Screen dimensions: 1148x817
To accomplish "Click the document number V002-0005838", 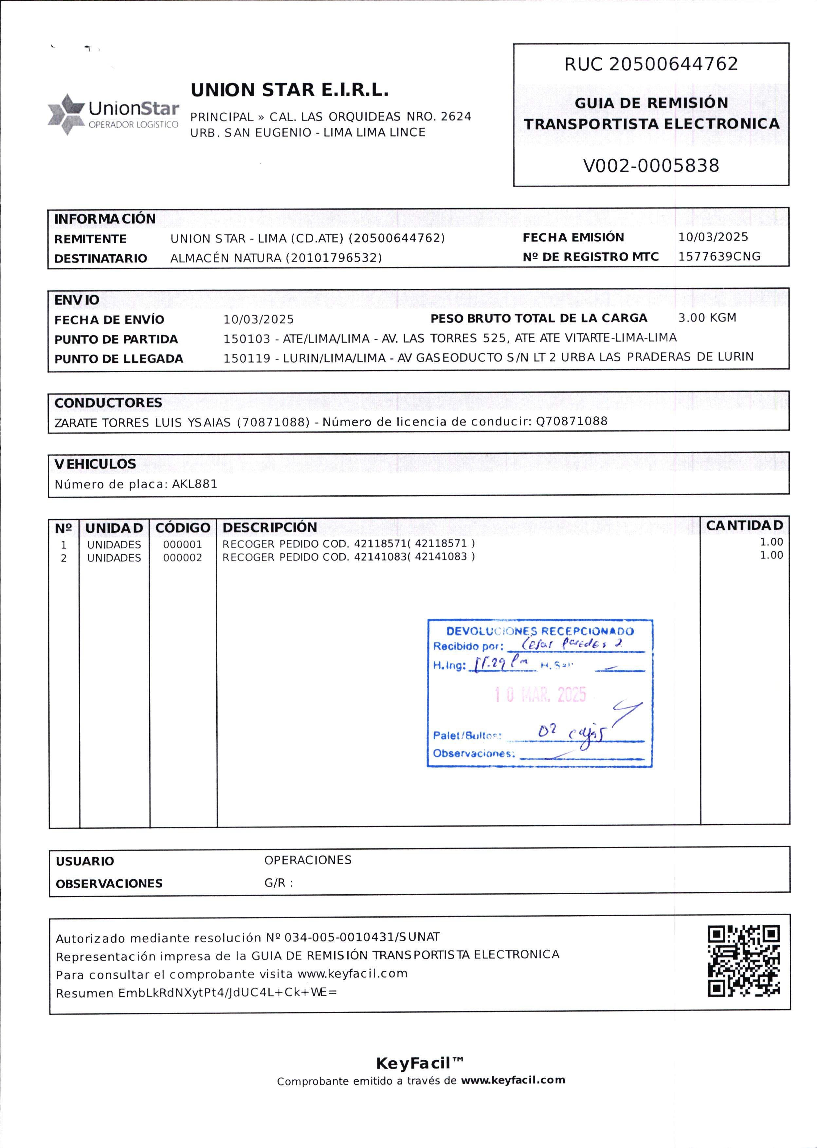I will click(651, 166).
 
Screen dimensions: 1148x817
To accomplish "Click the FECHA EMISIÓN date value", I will click(713, 237).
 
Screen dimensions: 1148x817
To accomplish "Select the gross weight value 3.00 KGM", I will click(707, 318).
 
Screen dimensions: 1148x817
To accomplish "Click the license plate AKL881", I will click(195, 484).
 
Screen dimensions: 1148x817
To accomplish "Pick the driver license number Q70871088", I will click(572, 421).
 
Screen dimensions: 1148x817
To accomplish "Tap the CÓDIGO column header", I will click(183, 528).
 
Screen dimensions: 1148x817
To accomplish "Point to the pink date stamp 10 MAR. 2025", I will click(540, 695).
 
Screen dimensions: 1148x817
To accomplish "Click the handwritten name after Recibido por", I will click(572, 644).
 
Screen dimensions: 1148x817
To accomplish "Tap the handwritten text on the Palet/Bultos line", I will click(571, 733).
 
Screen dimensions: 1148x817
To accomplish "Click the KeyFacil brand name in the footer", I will click(413, 1064).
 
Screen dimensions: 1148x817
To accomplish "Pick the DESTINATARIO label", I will click(100, 259).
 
